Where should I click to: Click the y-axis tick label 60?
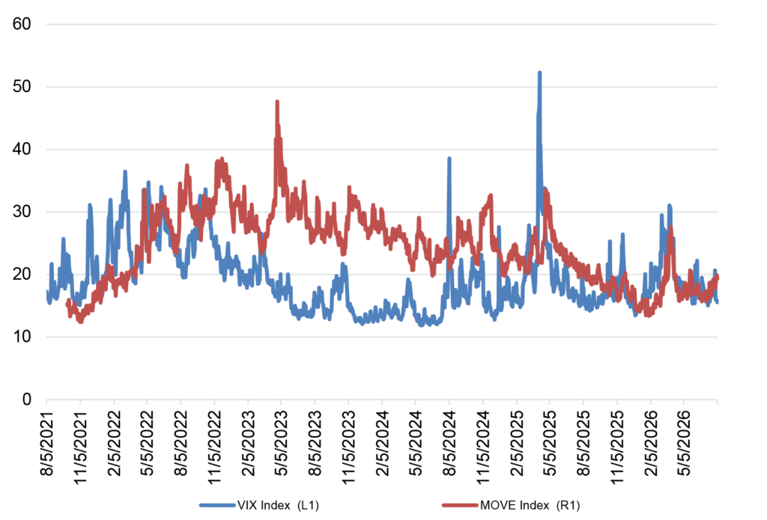coord(22,24)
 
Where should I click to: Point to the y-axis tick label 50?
coord(22,87)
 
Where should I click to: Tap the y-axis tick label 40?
coord(22,149)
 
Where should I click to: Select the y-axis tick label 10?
coord(22,337)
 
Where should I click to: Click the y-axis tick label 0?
coord(27,400)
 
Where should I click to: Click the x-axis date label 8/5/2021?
coord(48,443)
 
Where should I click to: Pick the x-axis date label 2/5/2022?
coord(115,443)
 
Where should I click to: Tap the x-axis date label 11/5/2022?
coord(216,447)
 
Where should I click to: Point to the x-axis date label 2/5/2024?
coord(383,443)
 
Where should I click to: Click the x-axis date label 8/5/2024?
coord(450,443)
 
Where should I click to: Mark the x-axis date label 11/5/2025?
coord(618,447)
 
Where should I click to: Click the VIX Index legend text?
coord(279,505)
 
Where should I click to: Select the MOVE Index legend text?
coord(530,505)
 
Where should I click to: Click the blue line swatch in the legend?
coord(218,505)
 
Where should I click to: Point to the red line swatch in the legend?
coord(461,505)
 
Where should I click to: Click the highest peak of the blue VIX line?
coord(539,73)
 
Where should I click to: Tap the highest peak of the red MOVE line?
coord(277,102)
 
